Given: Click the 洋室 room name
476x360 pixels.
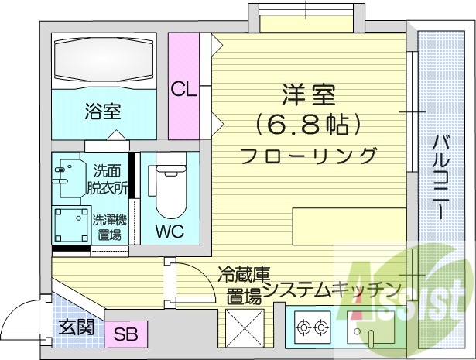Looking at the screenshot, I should (x=307, y=98).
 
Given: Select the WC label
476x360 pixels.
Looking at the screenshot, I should (x=169, y=231).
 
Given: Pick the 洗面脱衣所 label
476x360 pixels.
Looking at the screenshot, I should (x=109, y=178).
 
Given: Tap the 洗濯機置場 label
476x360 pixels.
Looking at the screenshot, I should (x=109, y=227).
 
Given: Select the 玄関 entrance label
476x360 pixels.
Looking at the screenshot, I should (x=76, y=326).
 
